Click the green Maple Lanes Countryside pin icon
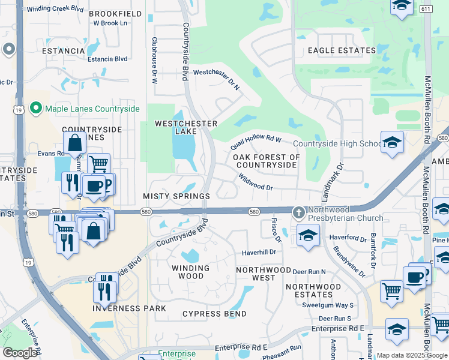[x=35, y=109]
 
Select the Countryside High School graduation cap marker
[x=392, y=142]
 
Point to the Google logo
[x=20, y=353]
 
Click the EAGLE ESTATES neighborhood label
[x=342, y=51]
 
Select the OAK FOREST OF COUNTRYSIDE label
[x=266, y=161]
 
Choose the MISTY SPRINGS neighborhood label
[x=176, y=196]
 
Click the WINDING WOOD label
[x=191, y=272]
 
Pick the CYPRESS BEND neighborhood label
[x=214, y=314]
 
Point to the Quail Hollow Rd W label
[x=256, y=144]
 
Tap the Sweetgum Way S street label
[x=328, y=305]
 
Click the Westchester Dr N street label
[x=216, y=78]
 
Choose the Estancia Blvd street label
[x=107, y=59]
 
